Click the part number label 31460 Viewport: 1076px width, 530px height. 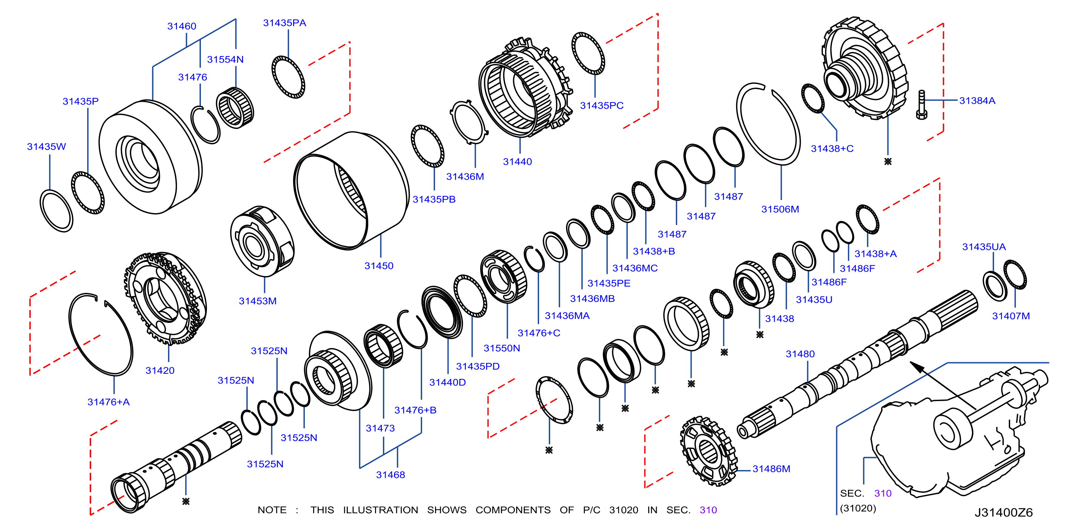click(x=182, y=26)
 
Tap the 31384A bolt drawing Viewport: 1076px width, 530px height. click(x=922, y=105)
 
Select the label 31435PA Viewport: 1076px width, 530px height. click(x=285, y=23)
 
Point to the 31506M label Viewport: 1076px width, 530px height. click(x=780, y=209)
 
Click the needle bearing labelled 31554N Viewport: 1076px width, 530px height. click(x=235, y=108)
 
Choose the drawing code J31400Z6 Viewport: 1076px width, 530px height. click(x=1003, y=512)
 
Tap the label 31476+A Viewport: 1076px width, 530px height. click(x=109, y=402)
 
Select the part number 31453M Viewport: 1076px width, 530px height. click(x=258, y=301)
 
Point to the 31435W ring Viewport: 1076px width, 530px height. click(x=56, y=211)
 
